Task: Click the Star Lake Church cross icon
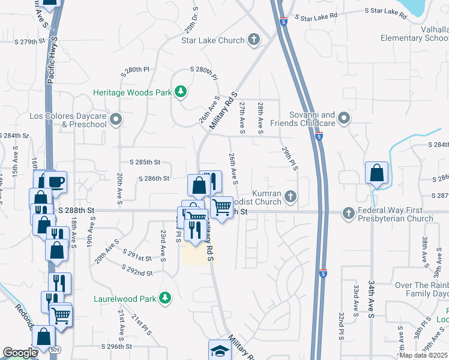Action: click(254, 40)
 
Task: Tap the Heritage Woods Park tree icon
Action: click(180, 92)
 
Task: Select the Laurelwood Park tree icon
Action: click(164, 298)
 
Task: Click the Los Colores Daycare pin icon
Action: click(116, 119)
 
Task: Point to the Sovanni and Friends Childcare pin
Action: click(343, 118)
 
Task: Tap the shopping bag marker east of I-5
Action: click(376, 173)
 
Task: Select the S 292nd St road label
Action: click(134, 272)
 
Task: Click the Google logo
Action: click(20, 353)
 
